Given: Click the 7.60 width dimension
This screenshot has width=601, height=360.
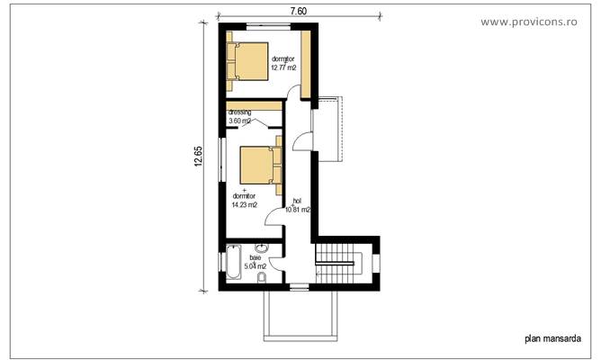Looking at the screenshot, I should coord(299,11).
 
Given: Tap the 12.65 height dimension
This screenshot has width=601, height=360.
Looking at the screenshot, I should coord(198,157).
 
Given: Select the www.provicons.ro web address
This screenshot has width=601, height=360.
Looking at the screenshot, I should coord(541,20).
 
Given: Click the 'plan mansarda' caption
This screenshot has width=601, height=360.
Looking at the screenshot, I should coord(551,339).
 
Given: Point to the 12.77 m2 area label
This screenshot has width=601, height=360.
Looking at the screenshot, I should coord(284,67).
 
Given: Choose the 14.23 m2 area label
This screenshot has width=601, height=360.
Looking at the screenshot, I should coord(245,204).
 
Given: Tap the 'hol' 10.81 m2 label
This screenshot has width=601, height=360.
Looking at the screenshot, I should coord(298,206).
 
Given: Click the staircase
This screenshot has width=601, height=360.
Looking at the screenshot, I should coord(339,263).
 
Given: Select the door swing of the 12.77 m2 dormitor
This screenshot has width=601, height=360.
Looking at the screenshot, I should coord(294,90).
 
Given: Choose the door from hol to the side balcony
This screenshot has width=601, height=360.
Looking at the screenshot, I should coord(306,141).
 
